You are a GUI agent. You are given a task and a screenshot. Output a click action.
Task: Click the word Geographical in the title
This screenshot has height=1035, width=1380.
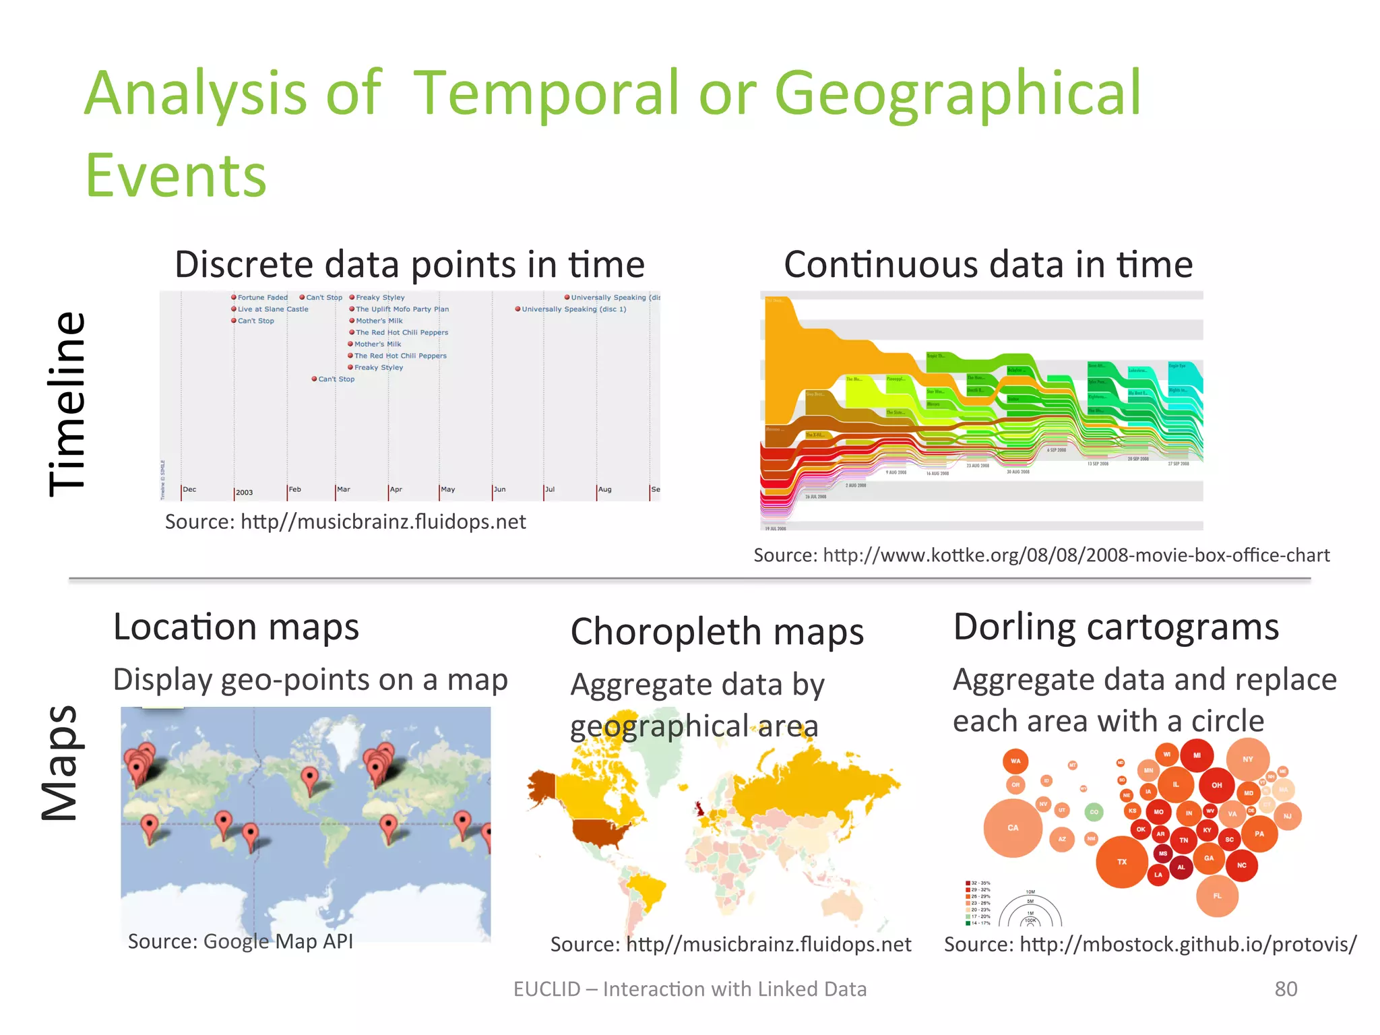click(x=957, y=94)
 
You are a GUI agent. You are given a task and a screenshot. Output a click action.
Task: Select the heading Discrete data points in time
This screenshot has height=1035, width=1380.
click(x=410, y=264)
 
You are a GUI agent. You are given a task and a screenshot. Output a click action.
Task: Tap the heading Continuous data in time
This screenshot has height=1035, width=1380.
click(x=988, y=264)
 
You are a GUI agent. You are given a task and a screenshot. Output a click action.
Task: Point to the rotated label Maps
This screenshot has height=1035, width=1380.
click(x=61, y=763)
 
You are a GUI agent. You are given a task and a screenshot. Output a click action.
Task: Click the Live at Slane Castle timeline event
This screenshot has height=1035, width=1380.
click(x=272, y=309)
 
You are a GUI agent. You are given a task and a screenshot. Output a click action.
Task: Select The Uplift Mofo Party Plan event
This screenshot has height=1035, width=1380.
click(x=402, y=309)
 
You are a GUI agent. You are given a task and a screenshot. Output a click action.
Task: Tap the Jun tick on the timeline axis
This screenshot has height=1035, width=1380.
click(x=499, y=490)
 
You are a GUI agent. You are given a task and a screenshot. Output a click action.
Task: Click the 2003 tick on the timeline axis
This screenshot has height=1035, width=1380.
click(x=244, y=493)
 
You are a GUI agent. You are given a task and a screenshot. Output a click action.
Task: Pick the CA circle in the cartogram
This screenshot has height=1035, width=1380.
click(x=1013, y=828)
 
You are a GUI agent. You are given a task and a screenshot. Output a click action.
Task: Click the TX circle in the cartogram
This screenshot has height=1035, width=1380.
click(x=1122, y=862)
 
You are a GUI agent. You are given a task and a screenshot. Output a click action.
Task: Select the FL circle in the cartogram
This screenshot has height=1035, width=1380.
click(x=1217, y=896)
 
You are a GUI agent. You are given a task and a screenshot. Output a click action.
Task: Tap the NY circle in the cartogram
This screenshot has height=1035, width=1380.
click(x=1248, y=759)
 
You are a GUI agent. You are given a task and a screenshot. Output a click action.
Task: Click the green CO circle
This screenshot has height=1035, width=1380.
click(x=1094, y=812)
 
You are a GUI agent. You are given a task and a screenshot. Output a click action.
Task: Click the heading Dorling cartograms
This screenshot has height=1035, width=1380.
click(x=1116, y=627)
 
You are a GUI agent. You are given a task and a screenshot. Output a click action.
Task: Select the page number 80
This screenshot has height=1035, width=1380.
click(x=1286, y=989)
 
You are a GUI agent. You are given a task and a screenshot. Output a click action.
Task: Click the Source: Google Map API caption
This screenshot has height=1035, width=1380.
click(x=241, y=941)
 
